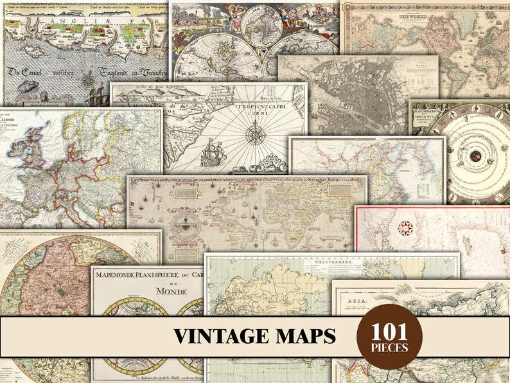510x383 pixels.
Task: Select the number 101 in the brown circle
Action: [389, 332]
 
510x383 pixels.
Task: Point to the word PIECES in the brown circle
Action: [389, 348]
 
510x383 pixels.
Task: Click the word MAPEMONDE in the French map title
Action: [119, 275]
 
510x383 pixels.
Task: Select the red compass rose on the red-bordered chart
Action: [405, 227]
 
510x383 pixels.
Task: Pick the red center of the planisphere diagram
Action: [475, 156]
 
